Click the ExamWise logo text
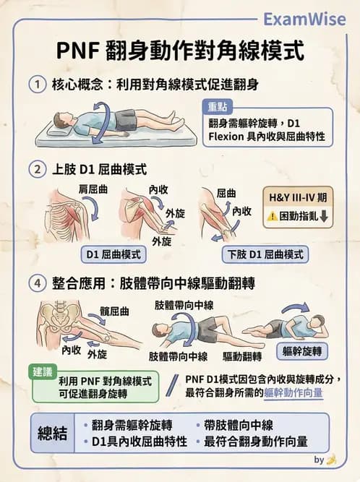304,20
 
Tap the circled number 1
38,85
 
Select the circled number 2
38,169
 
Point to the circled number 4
38,283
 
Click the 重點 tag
218,107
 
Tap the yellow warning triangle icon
272,216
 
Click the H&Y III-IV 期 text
298,197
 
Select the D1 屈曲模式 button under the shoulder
113,254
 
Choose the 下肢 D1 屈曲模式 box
265,254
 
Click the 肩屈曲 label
93,189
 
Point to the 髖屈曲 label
114,311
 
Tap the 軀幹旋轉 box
302,351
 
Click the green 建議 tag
43,372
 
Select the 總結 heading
52,434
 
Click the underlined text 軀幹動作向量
293,393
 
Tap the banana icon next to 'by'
331,460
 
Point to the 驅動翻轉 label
242,356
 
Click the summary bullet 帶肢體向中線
239,426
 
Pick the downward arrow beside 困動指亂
324,216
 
